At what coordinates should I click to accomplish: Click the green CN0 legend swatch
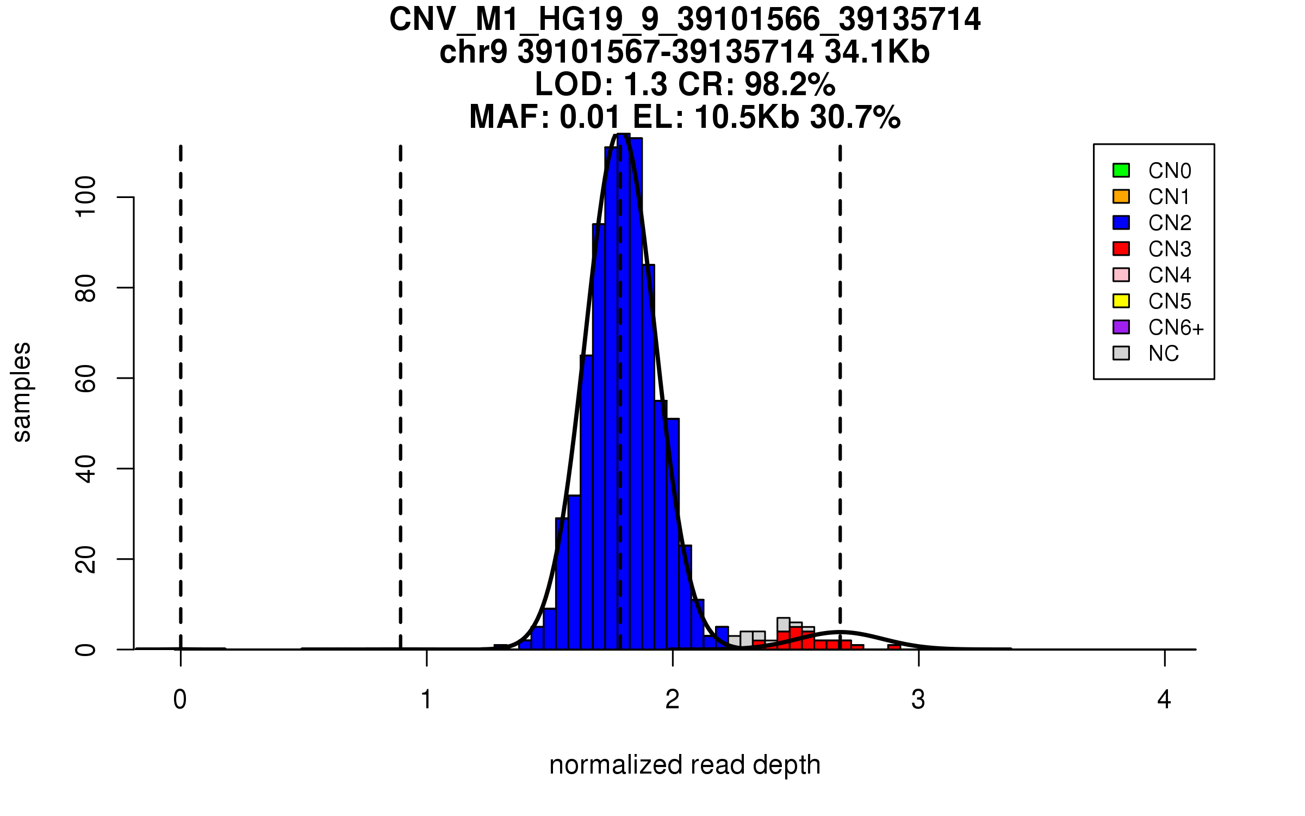1121,170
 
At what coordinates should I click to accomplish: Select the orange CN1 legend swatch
1121,196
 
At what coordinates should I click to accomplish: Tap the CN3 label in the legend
1169,249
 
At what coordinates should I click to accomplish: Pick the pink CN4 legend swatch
1121,275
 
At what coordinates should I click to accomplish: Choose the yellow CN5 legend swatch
1121,301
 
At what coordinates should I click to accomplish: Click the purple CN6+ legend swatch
1121,327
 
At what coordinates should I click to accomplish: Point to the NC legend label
1163,354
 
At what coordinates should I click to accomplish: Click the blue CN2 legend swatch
1121,222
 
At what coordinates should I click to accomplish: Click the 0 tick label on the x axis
180,700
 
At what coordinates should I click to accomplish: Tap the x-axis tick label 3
918,700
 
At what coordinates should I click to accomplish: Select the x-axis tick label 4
1164,700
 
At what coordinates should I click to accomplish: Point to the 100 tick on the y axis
85,197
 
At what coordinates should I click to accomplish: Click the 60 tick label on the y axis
85,378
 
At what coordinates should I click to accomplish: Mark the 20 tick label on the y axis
85,559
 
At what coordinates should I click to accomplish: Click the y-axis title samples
22,392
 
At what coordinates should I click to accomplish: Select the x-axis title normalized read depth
685,765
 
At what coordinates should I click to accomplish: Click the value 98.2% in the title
790,84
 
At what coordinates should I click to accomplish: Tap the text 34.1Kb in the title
877,52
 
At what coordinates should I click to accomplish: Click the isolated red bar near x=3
894,646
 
